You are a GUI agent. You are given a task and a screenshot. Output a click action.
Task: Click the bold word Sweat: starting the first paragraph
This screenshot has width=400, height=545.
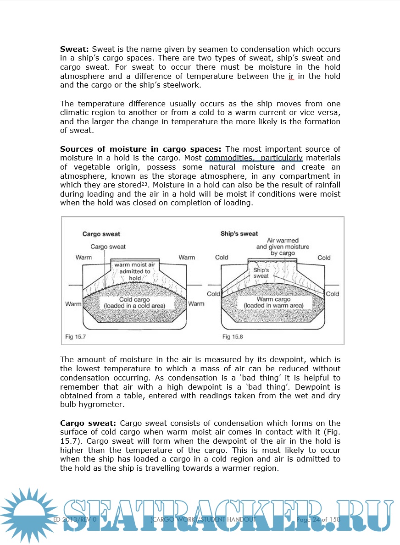click(x=75, y=49)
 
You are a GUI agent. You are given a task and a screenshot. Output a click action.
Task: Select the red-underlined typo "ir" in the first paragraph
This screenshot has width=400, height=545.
click(x=291, y=76)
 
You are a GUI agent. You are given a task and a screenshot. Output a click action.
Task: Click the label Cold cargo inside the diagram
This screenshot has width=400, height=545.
click(x=134, y=300)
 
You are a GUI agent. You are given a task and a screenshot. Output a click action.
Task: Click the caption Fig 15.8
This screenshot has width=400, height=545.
click(x=233, y=337)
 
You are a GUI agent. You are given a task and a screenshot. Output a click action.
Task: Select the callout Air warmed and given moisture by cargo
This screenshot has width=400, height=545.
click(x=283, y=247)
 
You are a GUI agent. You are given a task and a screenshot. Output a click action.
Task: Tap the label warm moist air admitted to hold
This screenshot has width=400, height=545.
click(x=135, y=271)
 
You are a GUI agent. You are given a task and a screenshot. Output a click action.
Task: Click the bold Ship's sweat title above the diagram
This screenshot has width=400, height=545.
click(x=239, y=234)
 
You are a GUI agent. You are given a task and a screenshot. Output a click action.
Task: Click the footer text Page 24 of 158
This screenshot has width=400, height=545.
click(x=318, y=520)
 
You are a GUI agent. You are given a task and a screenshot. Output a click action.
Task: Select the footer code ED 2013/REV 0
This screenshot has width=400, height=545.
click(x=74, y=520)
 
